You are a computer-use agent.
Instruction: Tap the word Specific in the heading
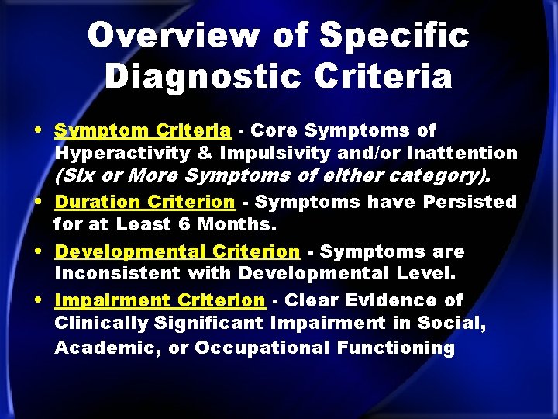coord(394,36)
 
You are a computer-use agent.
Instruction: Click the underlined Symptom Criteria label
coord(142,130)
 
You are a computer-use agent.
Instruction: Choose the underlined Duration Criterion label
coord(145,202)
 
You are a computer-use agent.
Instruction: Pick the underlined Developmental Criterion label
coord(177,251)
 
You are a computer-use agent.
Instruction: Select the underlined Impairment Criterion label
coord(160,300)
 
